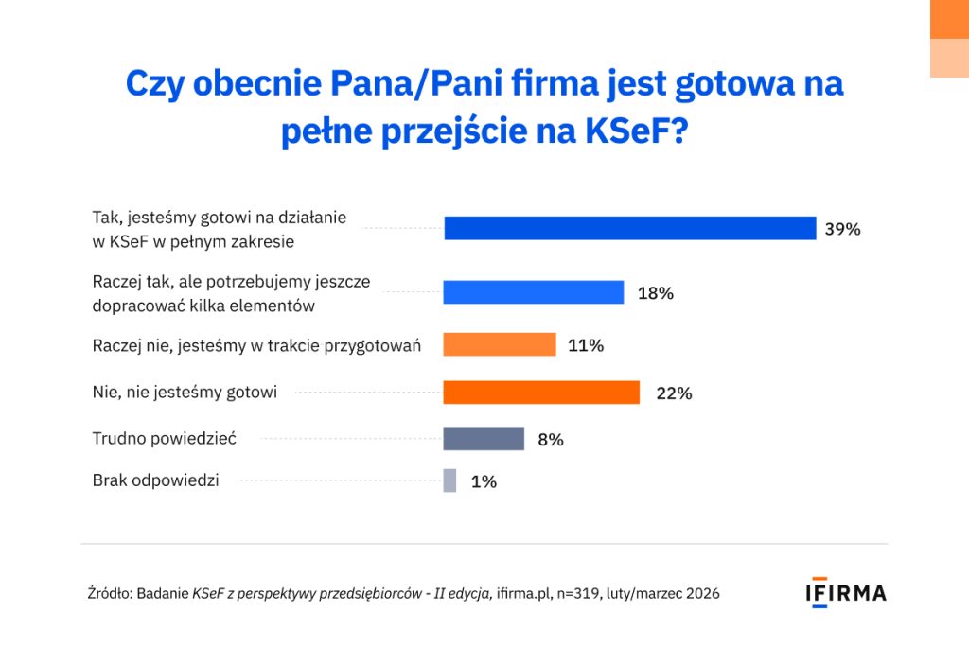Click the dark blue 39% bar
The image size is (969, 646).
point(629,229)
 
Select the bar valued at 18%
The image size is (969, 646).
point(534,293)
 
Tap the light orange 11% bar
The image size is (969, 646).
point(500,345)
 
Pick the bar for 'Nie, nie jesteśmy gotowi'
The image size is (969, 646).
point(541,393)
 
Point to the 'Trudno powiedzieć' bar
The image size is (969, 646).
point(484,439)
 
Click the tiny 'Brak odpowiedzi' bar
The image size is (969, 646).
point(449,480)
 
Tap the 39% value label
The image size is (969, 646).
point(842,229)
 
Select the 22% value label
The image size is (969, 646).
point(674,393)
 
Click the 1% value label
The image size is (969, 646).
point(484,481)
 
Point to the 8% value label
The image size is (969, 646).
point(551,439)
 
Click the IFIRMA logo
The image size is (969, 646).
point(846,593)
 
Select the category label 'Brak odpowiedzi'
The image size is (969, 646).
point(155,480)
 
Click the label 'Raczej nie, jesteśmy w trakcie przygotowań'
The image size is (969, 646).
point(256,345)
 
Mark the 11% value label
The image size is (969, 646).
point(586,345)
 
